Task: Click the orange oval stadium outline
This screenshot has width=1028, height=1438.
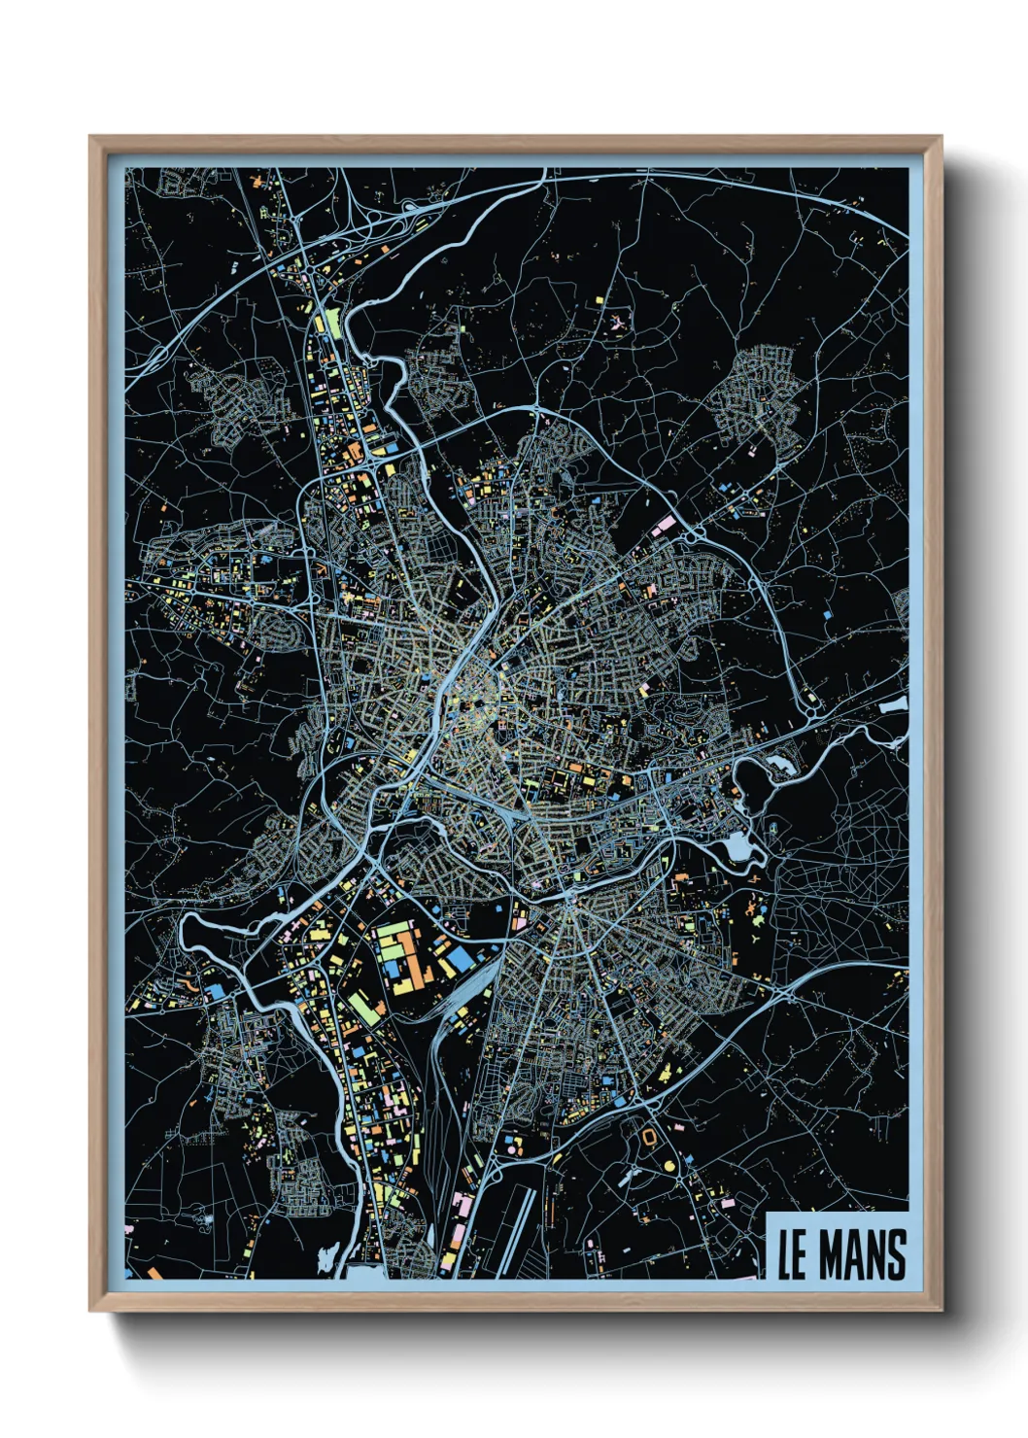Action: coord(648,1134)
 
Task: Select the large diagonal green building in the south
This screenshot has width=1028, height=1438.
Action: coord(363,1009)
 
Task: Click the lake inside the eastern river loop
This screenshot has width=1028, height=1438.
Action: coord(739,850)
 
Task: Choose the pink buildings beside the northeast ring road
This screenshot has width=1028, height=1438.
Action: coord(664,526)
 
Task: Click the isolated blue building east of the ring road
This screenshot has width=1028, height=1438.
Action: coord(827,614)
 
